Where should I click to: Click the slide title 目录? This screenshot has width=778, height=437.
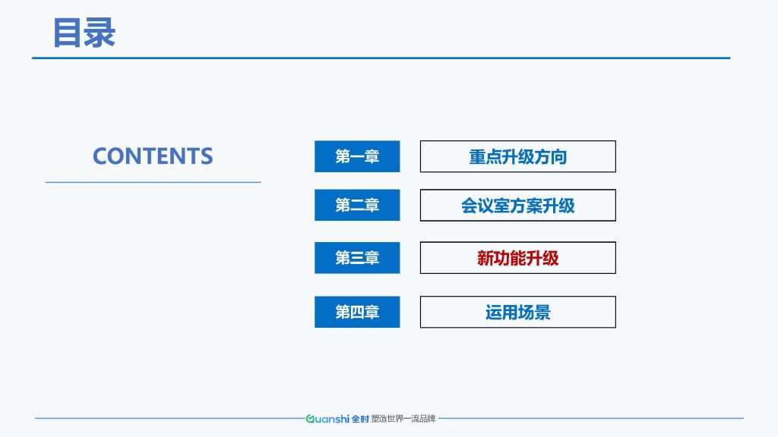click(x=84, y=33)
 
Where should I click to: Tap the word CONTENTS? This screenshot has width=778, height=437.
click(x=153, y=156)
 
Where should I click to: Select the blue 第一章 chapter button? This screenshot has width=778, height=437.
click(x=357, y=156)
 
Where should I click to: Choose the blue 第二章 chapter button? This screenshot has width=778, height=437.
click(x=357, y=205)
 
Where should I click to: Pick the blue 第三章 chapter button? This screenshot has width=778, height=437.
click(x=357, y=258)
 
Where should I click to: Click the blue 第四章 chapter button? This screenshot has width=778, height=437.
click(x=357, y=312)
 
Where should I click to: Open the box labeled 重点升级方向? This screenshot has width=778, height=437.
click(x=518, y=156)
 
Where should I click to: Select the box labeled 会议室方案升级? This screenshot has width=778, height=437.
click(x=518, y=205)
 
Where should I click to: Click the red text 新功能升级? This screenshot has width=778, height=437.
click(x=518, y=258)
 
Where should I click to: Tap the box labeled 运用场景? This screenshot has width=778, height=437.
click(x=518, y=312)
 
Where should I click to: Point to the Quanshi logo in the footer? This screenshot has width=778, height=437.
click(x=337, y=419)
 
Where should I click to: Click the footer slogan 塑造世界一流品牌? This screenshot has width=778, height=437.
click(x=403, y=419)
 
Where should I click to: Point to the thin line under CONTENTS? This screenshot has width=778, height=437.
click(x=153, y=182)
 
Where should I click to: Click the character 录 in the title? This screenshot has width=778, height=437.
click(x=100, y=33)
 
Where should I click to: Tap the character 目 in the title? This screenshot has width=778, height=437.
click(x=67, y=33)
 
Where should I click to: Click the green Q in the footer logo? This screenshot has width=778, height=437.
click(x=310, y=419)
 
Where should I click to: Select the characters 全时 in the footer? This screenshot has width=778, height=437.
click(x=360, y=419)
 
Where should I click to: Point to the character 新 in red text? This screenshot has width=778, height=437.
click(x=485, y=258)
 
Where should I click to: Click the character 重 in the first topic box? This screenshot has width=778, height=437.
click(x=477, y=157)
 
